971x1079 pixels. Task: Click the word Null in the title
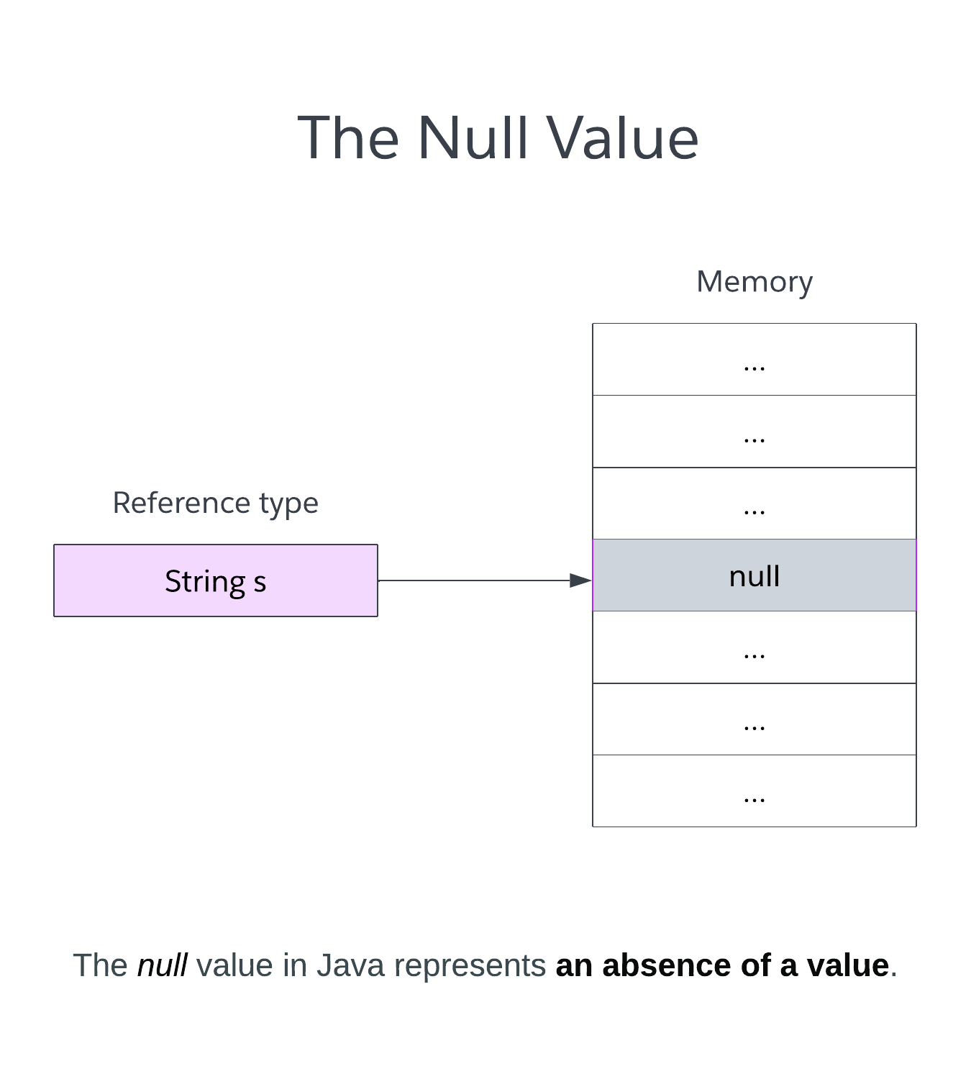pos(473,137)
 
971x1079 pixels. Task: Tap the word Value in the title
pos(622,137)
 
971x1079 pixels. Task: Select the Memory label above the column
pos(754,281)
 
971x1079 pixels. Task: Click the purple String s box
pos(215,581)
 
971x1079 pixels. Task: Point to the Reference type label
pos(215,503)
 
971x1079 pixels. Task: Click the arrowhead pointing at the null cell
pos(580,581)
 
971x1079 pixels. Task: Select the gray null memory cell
pos(754,575)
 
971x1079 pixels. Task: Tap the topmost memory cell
pos(754,360)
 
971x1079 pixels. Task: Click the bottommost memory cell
pos(754,791)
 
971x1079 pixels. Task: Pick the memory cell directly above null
pos(754,504)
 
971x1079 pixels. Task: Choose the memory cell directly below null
pos(754,647)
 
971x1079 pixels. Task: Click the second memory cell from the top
pos(754,432)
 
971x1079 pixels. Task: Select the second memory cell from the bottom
pos(754,719)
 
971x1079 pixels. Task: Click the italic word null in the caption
pos(163,965)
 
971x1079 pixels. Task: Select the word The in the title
pos(348,137)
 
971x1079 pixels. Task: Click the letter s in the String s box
pos(260,582)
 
